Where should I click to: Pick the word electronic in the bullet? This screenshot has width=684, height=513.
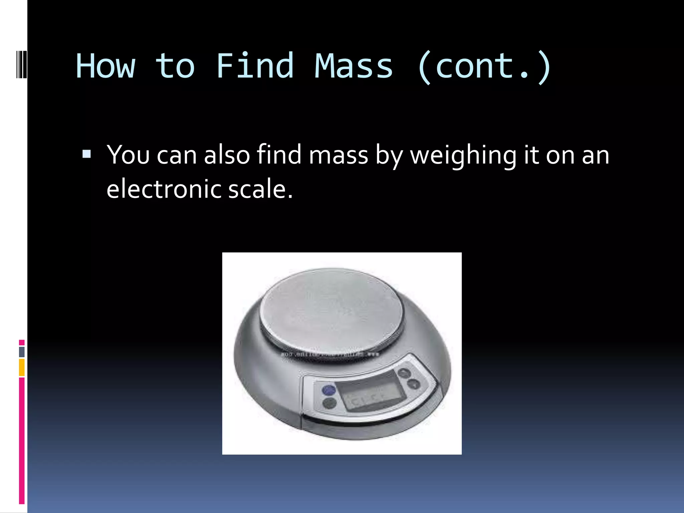click(164, 189)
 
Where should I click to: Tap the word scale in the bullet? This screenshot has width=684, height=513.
click(261, 189)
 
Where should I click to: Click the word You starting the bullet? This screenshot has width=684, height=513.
click(128, 155)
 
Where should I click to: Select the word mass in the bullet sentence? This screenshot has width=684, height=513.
click(338, 155)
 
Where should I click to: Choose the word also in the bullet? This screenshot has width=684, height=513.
click(227, 155)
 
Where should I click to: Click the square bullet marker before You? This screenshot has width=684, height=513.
click(87, 154)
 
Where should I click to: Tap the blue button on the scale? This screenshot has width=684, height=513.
click(329, 390)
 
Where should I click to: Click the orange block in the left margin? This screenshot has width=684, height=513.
click(22, 367)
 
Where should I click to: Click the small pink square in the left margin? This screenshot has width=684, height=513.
click(22, 342)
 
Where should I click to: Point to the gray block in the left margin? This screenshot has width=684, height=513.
click(22, 352)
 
